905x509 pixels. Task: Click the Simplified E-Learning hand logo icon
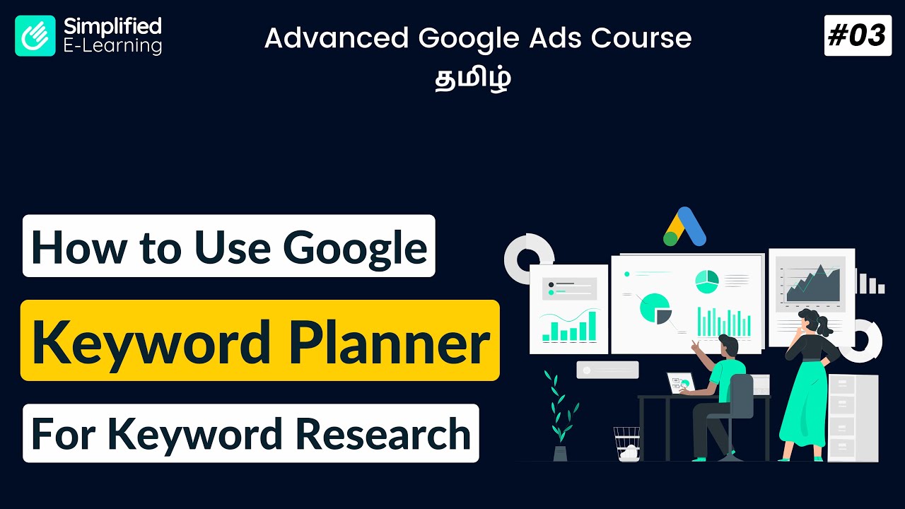click(35, 36)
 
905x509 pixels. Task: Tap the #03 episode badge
click(857, 35)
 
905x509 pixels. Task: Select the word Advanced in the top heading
click(337, 39)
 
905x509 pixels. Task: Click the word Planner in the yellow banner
click(395, 341)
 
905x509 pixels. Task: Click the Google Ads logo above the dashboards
click(684, 227)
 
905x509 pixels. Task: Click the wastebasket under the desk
click(626, 443)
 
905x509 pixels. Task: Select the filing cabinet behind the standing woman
click(853, 417)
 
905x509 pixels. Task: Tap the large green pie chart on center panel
click(654, 308)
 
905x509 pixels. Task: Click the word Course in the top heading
click(641, 39)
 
